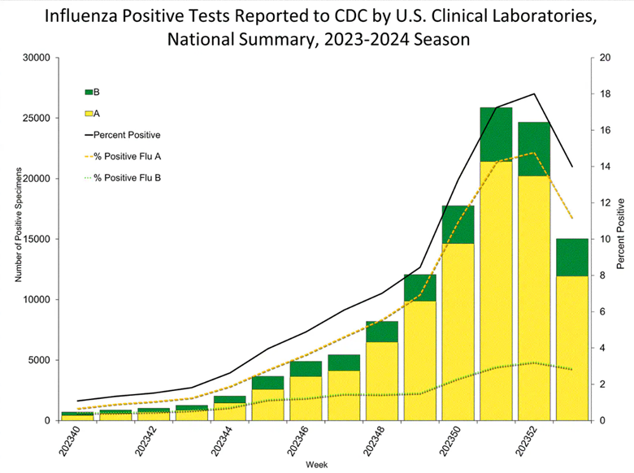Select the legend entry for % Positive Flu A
pyautogui.click(x=123, y=157)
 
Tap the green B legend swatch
pyautogui.click(x=89, y=92)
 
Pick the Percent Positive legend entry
pyautogui.click(x=123, y=135)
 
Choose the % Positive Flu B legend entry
pyautogui.click(x=123, y=178)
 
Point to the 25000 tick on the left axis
pyautogui.click(x=37, y=118)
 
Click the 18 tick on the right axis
pyautogui.click(x=605, y=93)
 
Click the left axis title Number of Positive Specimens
pyautogui.click(x=18, y=225)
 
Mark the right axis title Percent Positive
pyautogui.click(x=621, y=234)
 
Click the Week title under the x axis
pyautogui.click(x=317, y=465)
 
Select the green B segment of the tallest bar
pyautogui.click(x=496, y=135)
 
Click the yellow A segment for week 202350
pyautogui.click(x=458, y=332)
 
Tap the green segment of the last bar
pyautogui.click(x=572, y=258)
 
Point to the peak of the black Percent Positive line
pyautogui.click(x=534, y=93)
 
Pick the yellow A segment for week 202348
pyautogui.click(x=382, y=381)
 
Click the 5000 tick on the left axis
pyautogui.click(x=39, y=360)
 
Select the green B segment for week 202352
pyautogui.click(x=534, y=150)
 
